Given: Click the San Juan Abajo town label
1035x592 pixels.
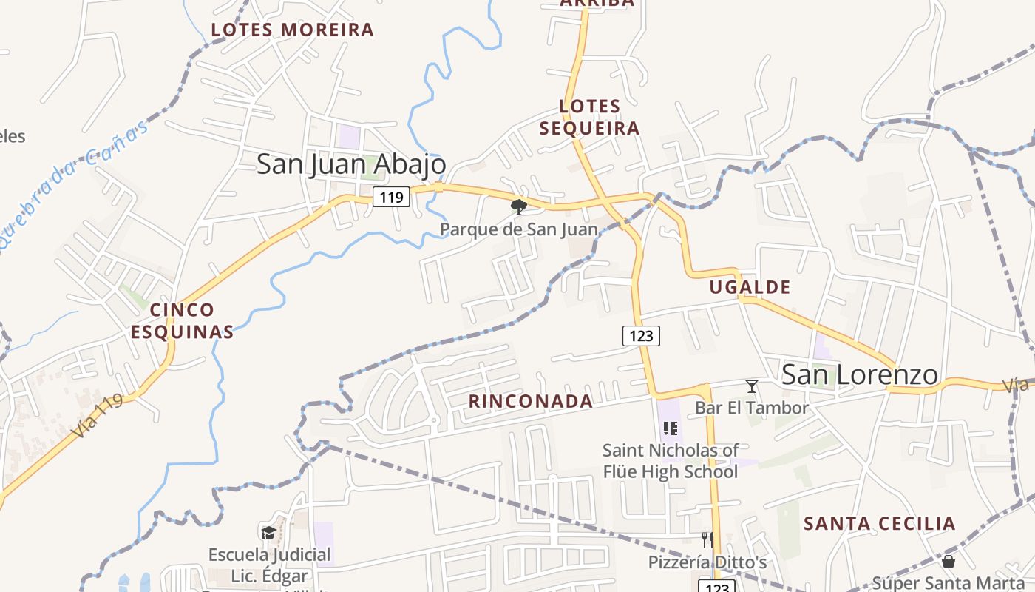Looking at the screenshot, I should (351, 164).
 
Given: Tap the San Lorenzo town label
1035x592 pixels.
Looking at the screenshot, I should (860, 374).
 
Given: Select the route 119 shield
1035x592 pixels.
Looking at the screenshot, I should (391, 197).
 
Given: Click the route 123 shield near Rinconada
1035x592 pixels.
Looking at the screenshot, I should (641, 335).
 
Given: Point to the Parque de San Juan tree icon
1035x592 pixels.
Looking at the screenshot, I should (519, 206).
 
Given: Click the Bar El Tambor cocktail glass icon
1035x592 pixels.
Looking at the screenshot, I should (752, 386).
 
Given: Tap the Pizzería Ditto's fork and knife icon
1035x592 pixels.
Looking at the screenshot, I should (707, 539).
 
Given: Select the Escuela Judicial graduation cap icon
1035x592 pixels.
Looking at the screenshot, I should (268, 533).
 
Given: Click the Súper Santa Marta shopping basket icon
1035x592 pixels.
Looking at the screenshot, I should (949, 562).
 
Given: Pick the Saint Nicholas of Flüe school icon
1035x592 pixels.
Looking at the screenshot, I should (671, 428).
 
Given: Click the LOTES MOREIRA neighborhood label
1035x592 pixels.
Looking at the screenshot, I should (293, 30).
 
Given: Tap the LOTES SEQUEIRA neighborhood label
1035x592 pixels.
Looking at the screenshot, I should (589, 117).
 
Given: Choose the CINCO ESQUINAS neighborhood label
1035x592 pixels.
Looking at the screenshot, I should (183, 320).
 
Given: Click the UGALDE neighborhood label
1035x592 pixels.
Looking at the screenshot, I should (750, 287).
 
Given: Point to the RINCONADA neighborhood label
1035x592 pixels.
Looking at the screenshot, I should (531, 402).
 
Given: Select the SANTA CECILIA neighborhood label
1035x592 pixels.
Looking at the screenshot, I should (880, 524).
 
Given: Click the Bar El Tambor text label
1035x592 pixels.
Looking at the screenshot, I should (752, 408).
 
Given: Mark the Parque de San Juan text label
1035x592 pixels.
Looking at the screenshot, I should (518, 229).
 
